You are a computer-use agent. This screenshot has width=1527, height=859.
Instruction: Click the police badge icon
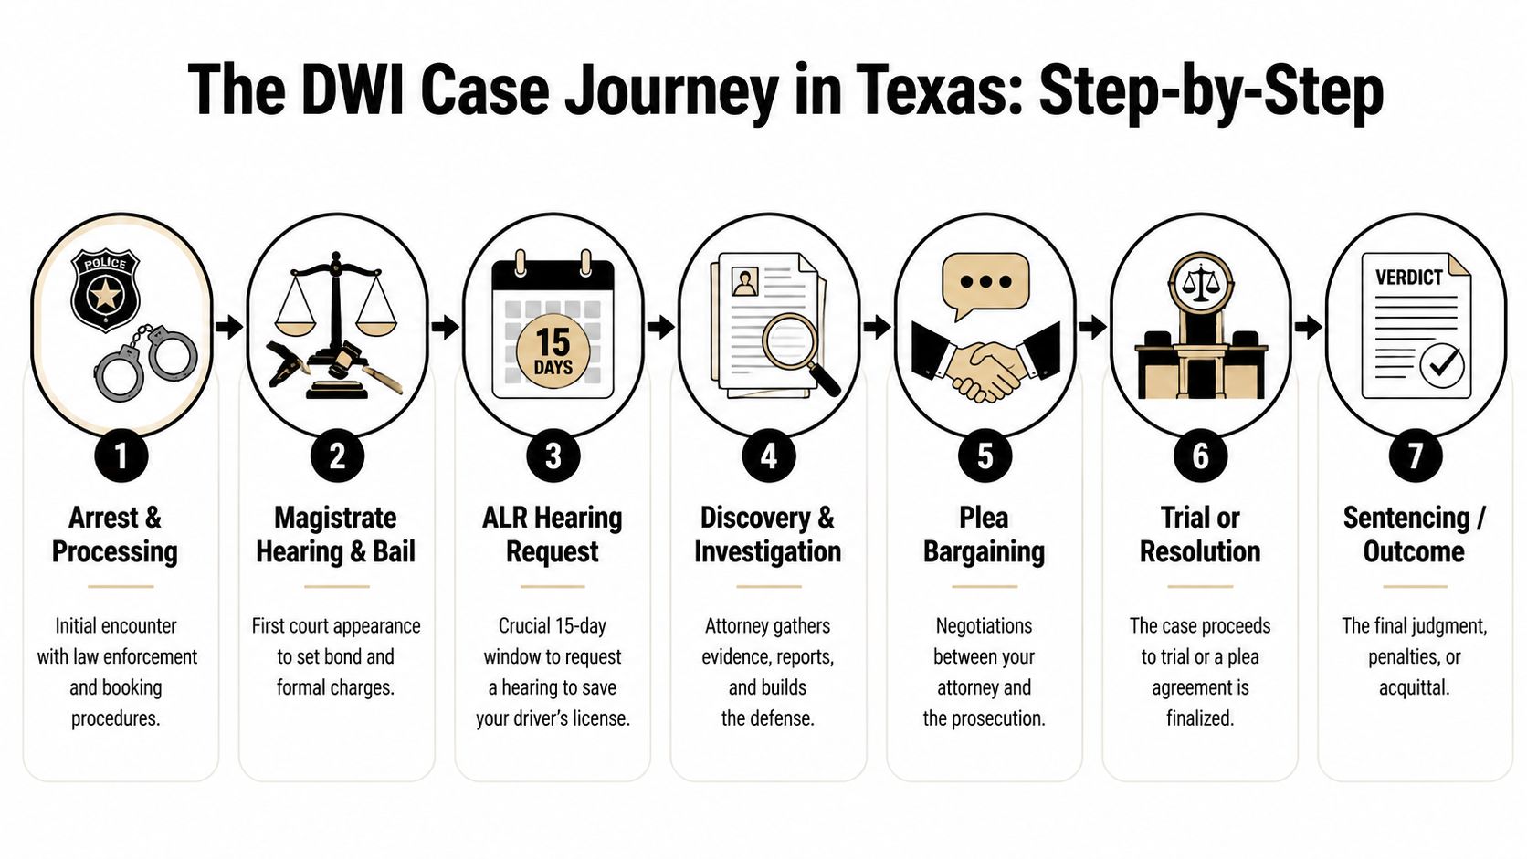[105, 290]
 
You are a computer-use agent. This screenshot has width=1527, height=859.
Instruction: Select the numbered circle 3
[553, 456]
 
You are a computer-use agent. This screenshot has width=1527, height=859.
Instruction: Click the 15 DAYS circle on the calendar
[553, 352]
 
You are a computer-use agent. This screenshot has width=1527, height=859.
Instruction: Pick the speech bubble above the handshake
[985, 283]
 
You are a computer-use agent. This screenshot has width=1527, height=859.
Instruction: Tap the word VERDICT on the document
[1408, 278]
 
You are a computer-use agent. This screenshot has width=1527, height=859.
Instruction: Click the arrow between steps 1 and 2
[229, 326]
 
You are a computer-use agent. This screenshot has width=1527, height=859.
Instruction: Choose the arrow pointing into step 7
[1308, 326]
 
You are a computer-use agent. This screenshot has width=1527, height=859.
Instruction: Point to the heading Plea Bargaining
[984, 535]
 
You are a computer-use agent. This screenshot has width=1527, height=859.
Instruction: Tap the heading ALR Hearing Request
[553, 535]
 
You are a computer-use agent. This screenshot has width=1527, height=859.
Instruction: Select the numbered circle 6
[1200, 456]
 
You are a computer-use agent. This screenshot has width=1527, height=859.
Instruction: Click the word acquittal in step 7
[1414, 687]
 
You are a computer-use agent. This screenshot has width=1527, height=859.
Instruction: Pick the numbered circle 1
[121, 456]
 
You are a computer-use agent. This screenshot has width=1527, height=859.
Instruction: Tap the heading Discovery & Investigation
[767, 535]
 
